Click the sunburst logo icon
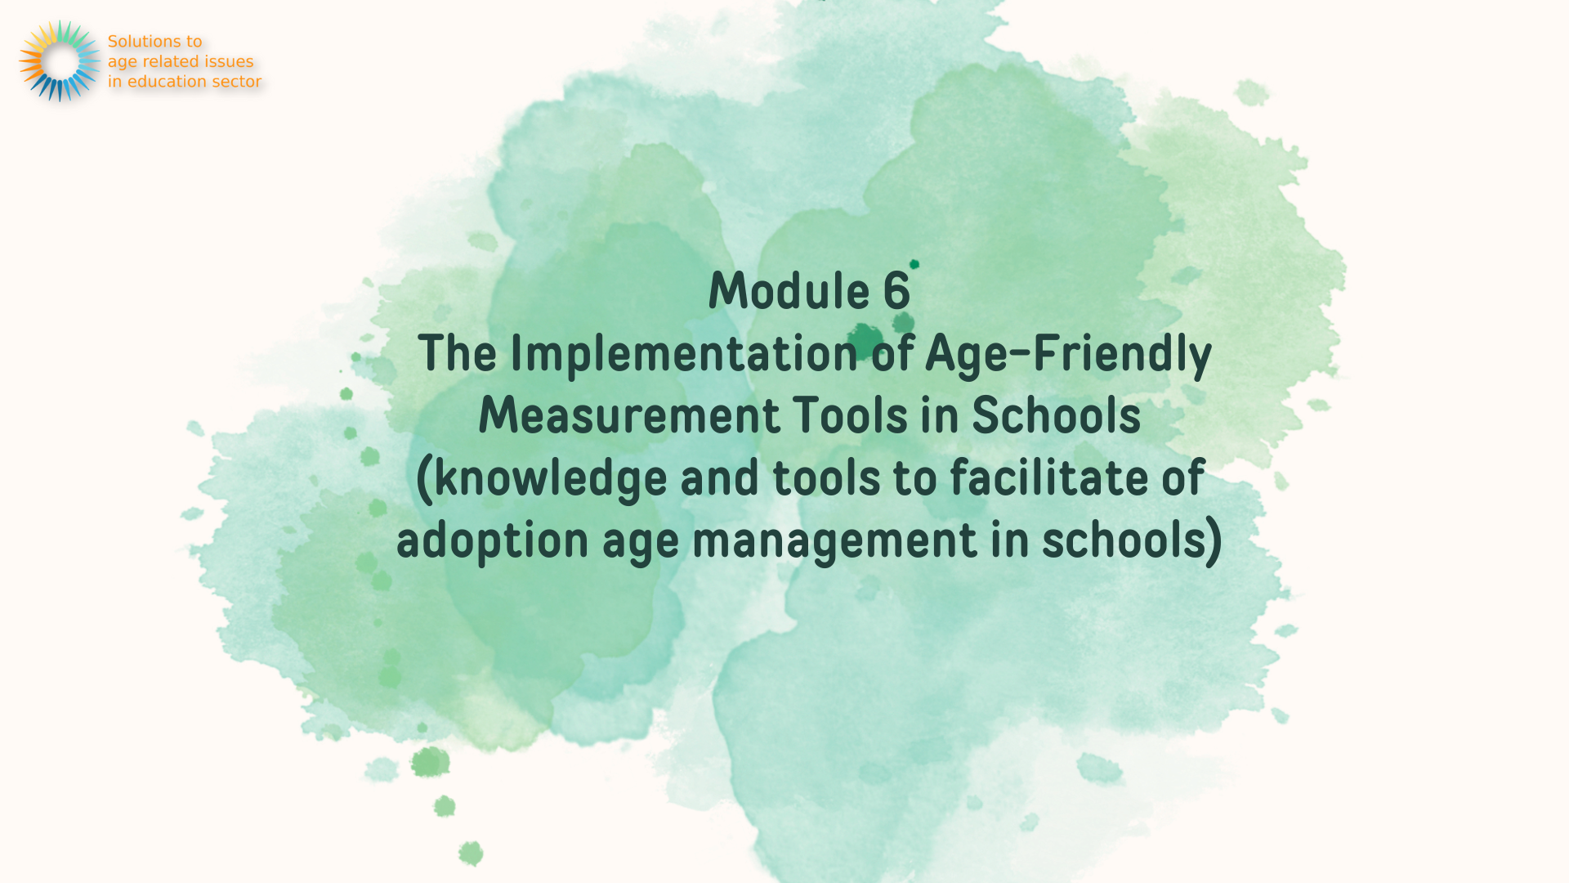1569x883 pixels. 60,61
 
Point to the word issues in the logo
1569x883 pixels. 229,61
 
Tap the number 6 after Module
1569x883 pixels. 896,292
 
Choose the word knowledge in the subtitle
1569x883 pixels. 551,478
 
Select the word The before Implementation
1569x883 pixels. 457,353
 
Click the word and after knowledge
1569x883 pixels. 719,477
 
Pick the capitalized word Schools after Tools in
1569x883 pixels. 1056,415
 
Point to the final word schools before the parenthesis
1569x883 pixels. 1124,540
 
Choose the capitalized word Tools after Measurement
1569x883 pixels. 850,415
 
